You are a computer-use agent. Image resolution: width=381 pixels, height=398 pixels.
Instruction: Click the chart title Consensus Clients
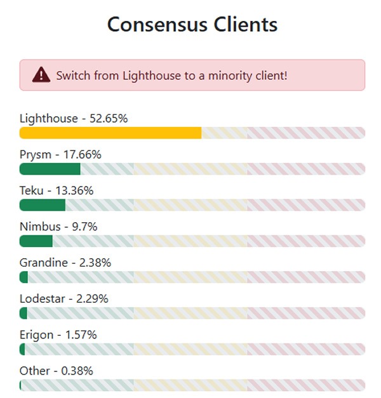(x=192, y=25)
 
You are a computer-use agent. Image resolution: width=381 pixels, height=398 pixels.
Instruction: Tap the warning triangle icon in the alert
(x=41, y=75)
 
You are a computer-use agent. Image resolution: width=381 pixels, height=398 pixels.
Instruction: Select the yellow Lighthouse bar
(x=110, y=133)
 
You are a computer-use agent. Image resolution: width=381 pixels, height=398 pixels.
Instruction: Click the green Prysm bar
(x=50, y=169)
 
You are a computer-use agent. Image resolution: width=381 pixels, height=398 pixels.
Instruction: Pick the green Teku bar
(x=43, y=205)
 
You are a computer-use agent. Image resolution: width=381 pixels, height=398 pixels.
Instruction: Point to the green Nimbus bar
(x=36, y=241)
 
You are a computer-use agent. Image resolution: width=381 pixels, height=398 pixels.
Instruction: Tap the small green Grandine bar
(x=24, y=277)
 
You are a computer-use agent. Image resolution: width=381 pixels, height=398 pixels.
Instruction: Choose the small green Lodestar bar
(x=23, y=314)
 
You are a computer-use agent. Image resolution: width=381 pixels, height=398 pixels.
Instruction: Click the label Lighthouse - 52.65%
(x=74, y=118)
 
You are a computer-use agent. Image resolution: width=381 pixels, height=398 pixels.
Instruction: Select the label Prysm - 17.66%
(x=60, y=154)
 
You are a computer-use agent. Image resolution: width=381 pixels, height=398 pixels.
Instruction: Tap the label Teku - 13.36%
(x=57, y=190)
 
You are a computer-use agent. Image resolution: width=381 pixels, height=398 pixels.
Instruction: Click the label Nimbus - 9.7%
(x=58, y=227)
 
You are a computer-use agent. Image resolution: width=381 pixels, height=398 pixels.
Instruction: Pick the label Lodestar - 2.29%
(x=63, y=298)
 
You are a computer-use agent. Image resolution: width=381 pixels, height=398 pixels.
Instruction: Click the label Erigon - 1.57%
(x=58, y=335)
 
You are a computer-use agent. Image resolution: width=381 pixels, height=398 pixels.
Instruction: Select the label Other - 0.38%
(x=56, y=371)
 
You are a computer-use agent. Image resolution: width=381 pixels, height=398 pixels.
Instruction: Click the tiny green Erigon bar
(x=22, y=349)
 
